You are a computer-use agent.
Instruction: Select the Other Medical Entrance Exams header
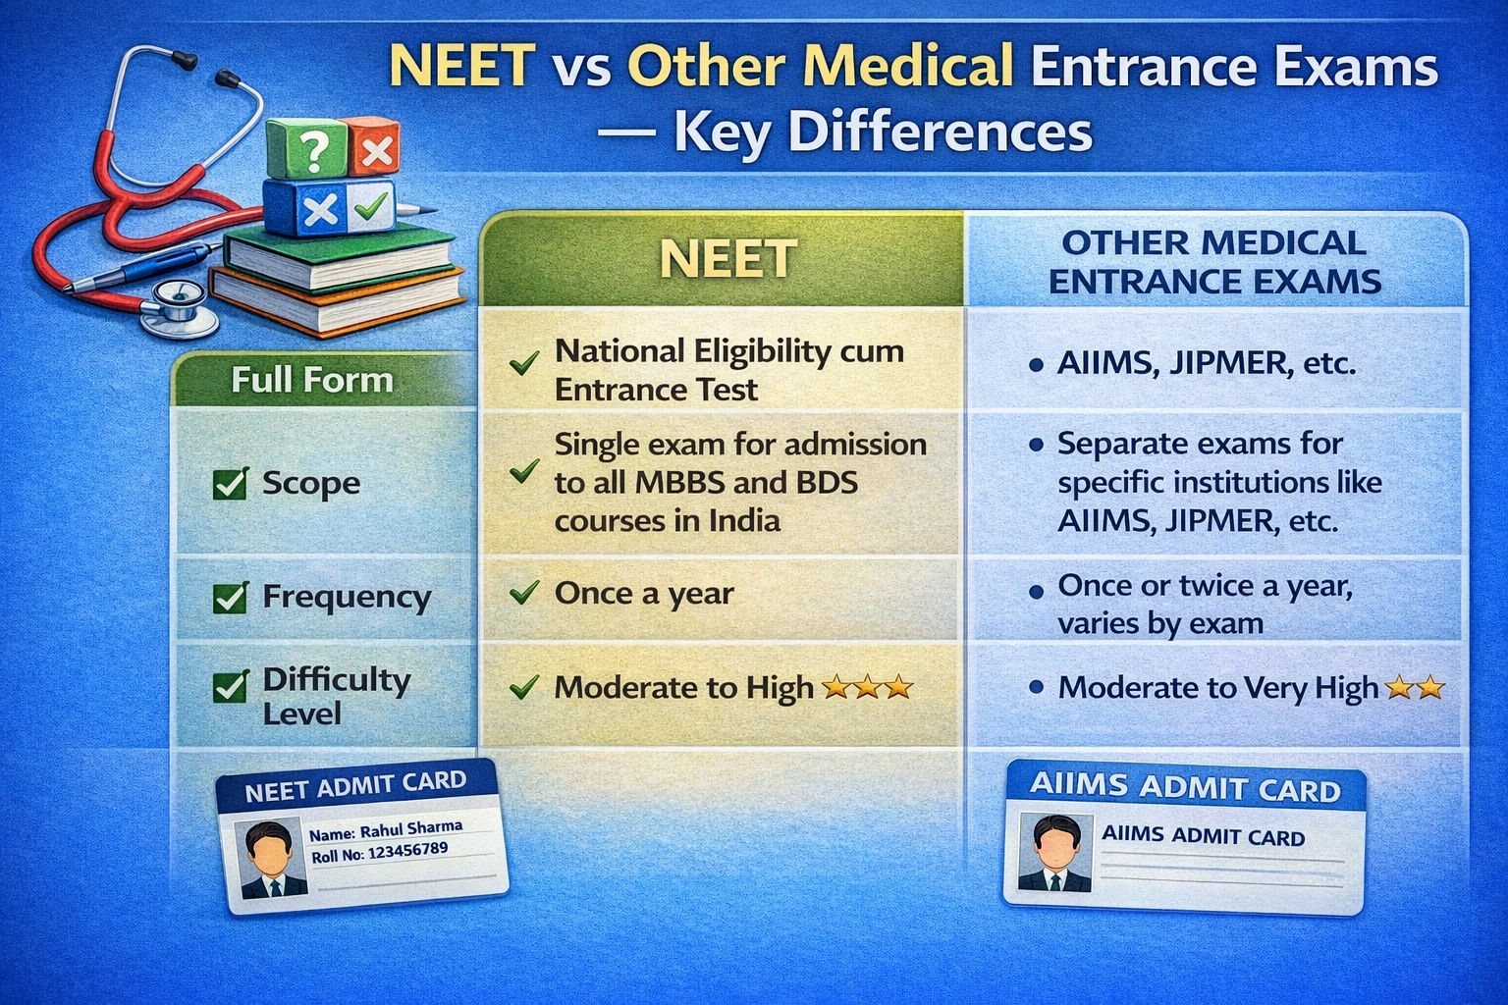pyautogui.click(x=1214, y=262)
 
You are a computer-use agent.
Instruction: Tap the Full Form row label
pyautogui.click(x=312, y=380)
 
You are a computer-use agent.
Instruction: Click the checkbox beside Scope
pyautogui.click(x=230, y=484)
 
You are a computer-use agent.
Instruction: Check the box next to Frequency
pyautogui.click(x=230, y=598)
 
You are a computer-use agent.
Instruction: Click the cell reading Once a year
pyautogui.click(x=644, y=594)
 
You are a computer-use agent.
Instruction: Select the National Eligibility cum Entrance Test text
pyautogui.click(x=728, y=370)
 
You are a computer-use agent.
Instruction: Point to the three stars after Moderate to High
pyautogui.click(x=867, y=687)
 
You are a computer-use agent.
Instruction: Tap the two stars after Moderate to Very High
pyautogui.click(x=1415, y=687)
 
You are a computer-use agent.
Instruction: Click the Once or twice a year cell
pyautogui.click(x=1205, y=604)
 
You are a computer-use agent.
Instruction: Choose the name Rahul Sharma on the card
pyautogui.click(x=410, y=829)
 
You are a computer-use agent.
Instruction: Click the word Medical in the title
pyautogui.click(x=820, y=67)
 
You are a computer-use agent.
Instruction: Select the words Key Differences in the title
pyautogui.click(x=882, y=132)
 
